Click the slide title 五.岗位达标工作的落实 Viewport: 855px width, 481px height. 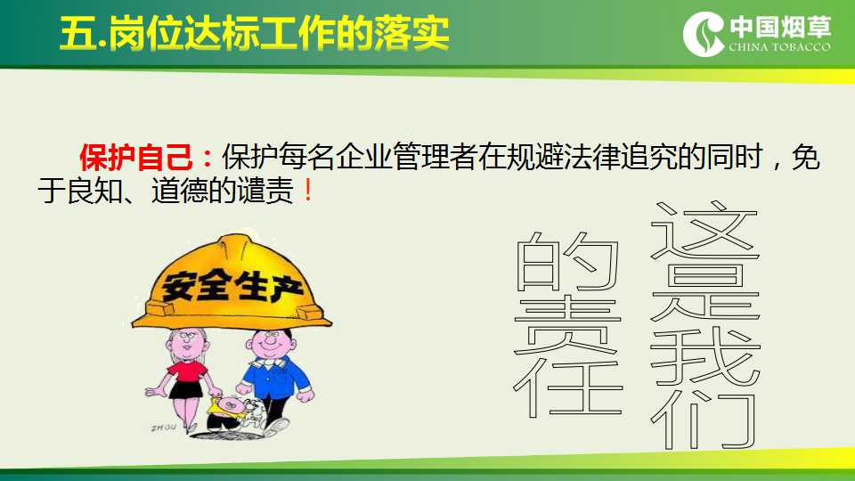255,33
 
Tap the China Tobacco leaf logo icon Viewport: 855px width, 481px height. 704,34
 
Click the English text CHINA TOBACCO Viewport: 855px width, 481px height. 780,47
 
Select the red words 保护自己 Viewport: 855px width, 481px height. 135,158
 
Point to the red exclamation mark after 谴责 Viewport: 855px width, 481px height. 308,191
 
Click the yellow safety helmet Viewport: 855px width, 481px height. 232,282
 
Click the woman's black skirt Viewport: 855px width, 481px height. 185,389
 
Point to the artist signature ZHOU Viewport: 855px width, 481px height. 163,428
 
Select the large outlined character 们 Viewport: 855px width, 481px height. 704,420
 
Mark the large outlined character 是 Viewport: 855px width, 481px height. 705,292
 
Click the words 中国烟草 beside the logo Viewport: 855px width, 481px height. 780,27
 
